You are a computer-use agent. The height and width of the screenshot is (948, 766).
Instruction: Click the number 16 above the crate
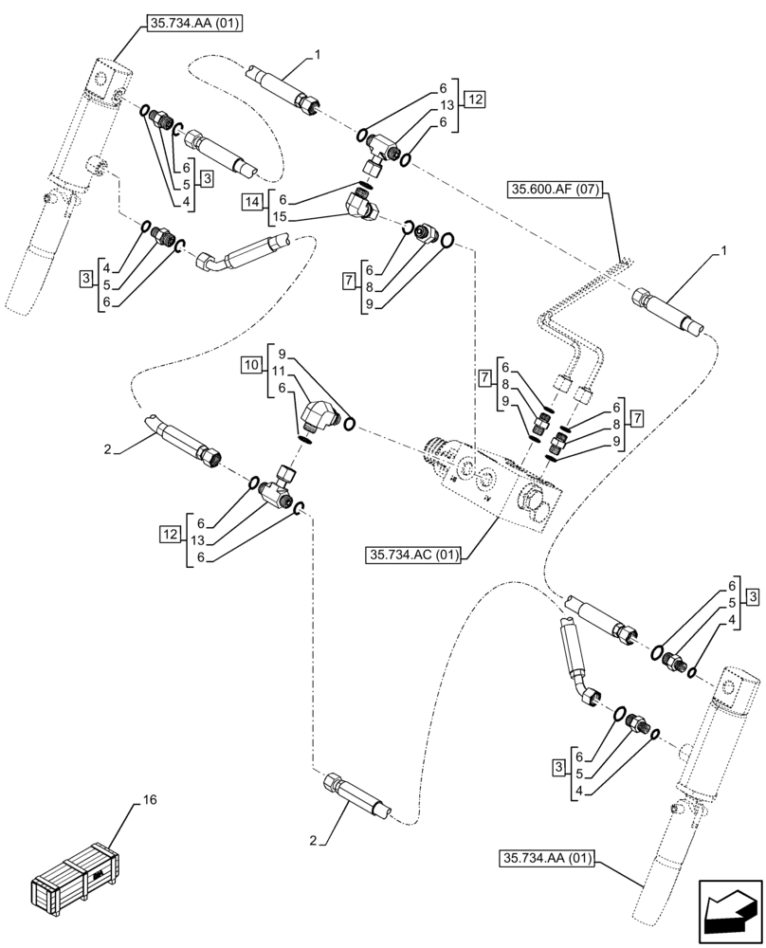click(x=149, y=800)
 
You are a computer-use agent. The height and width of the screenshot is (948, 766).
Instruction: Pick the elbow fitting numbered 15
click(x=364, y=203)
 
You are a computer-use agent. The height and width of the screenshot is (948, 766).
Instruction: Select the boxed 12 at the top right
click(x=474, y=99)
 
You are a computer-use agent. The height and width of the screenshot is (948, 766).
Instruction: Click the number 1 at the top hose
click(x=318, y=56)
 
